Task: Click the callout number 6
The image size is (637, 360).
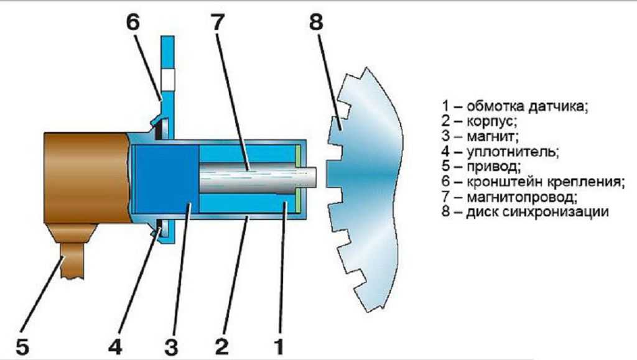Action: (133, 22)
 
